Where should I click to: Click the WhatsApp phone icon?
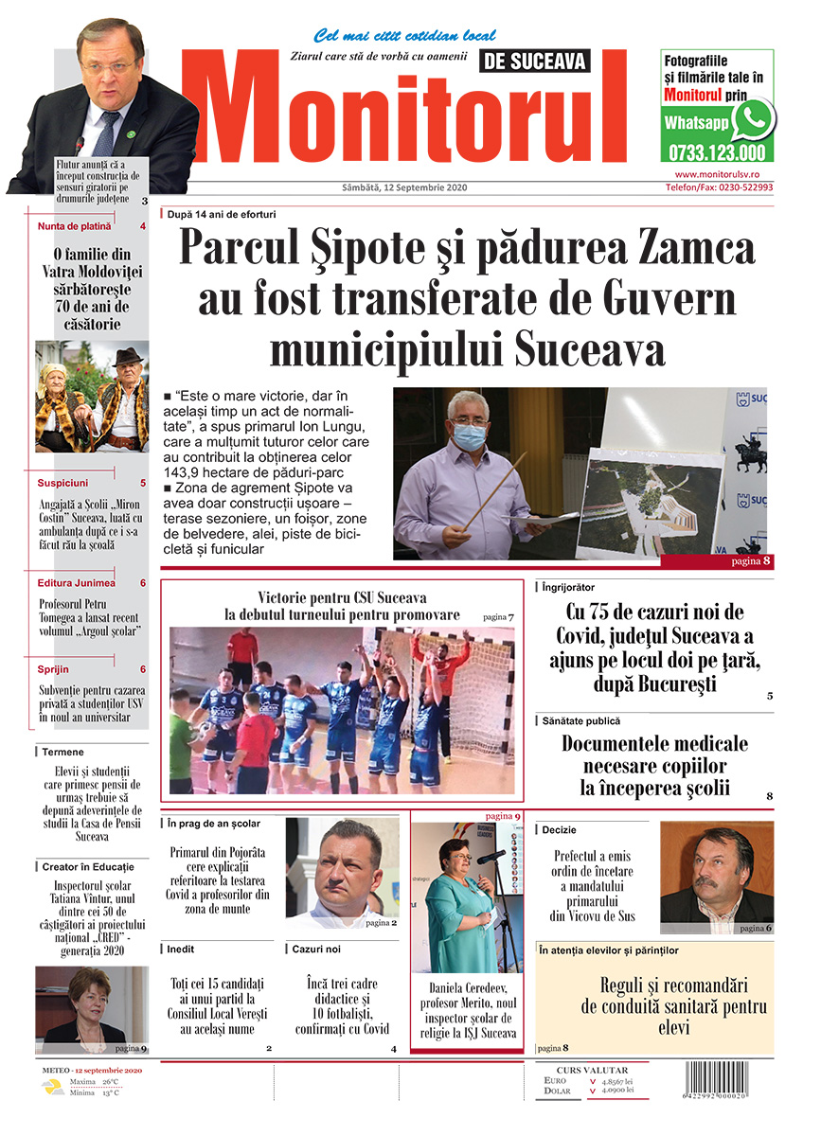pyautogui.click(x=753, y=119)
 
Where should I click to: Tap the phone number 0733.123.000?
pyautogui.click(x=716, y=152)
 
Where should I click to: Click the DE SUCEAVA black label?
pyautogui.click(x=535, y=62)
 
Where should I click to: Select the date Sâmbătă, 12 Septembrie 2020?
pyautogui.click(x=404, y=187)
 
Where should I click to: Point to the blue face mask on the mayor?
pyautogui.click(x=471, y=437)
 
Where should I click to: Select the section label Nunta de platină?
pyautogui.click(x=75, y=226)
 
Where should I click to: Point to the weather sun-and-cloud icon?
pyautogui.click(x=51, y=1087)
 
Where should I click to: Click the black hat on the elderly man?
pyautogui.click(x=127, y=357)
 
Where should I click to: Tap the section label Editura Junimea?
pyautogui.click(x=77, y=583)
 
